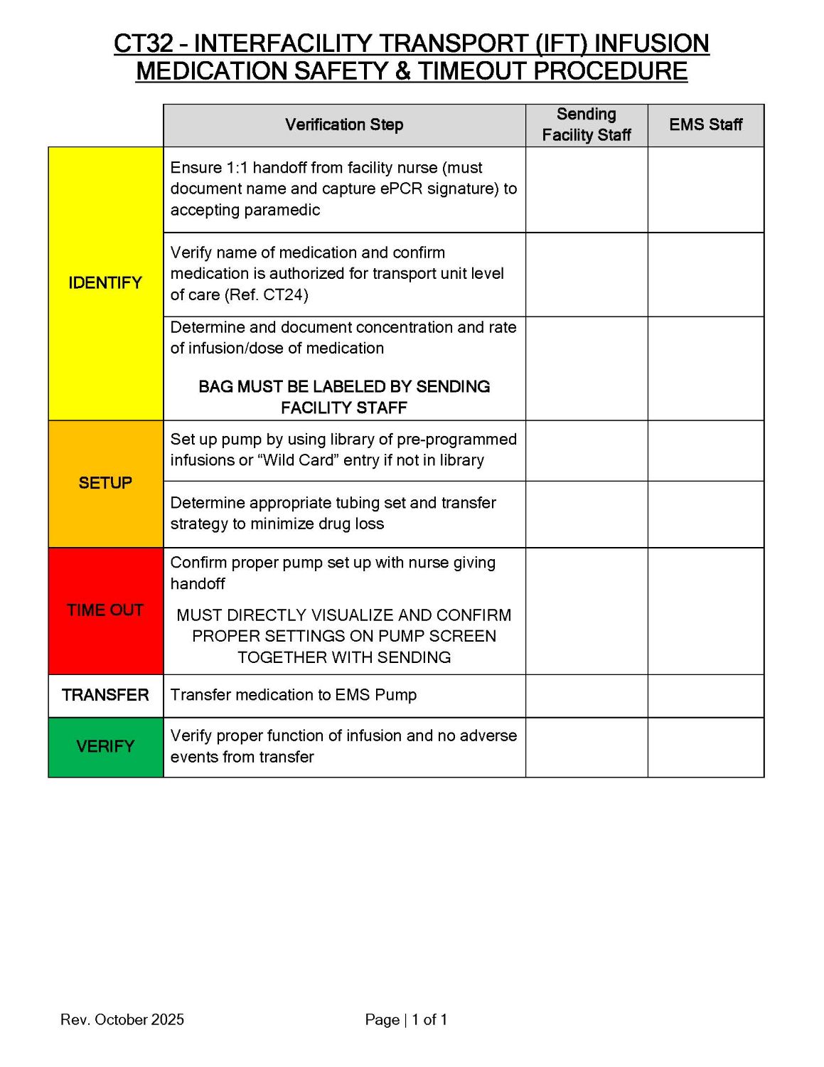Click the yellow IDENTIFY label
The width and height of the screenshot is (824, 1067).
(x=105, y=283)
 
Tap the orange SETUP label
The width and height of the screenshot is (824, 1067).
(x=105, y=483)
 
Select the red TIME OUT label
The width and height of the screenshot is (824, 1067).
(x=105, y=610)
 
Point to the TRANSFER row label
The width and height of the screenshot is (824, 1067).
(x=105, y=695)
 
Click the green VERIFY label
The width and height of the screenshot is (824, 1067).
(x=105, y=746)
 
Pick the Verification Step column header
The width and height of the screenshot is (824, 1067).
(x=344, y=125)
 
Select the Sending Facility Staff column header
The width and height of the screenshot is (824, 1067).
(x=587, y=125)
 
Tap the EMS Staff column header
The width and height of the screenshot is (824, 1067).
(x=705, y=125)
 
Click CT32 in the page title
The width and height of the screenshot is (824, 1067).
(x=144, y=44)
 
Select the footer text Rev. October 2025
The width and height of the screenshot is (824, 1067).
(x=122, y=1019)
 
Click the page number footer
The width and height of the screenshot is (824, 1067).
(x=406, y=1019)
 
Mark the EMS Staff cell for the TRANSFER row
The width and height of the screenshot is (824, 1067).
(x=705, y=696)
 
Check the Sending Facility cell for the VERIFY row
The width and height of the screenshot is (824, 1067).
(x=587, y=747)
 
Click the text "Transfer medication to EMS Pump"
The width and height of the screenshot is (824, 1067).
(x=294, y=695)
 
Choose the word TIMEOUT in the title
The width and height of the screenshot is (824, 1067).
(x=472, y=72)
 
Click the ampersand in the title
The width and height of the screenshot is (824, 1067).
(x=402, y=72)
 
